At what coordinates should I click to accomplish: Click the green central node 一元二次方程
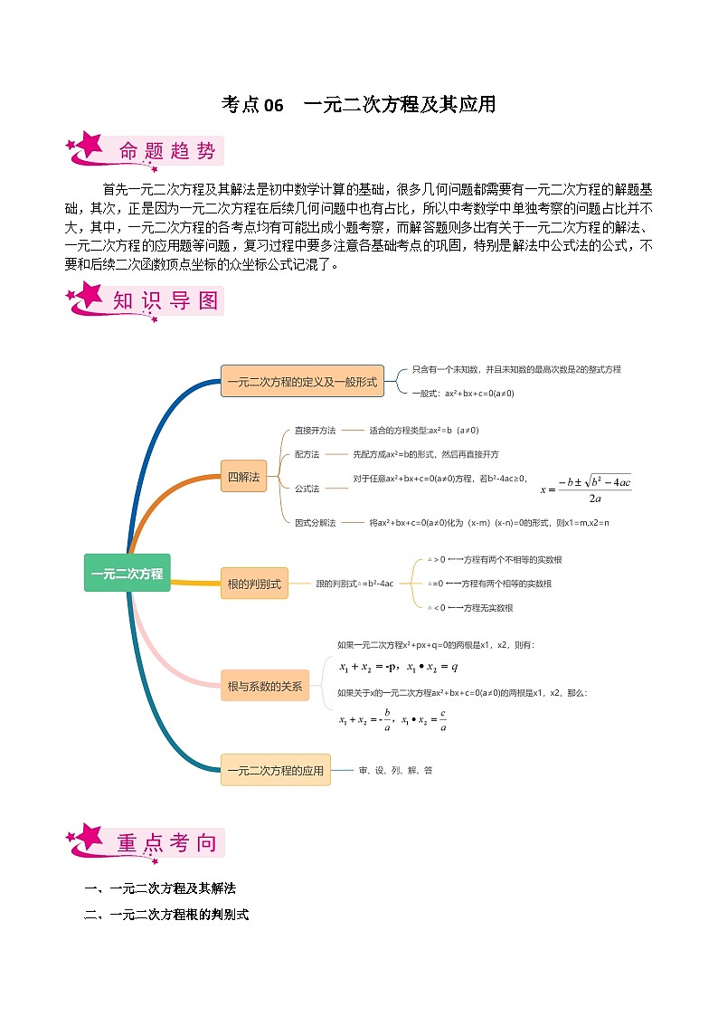click(x=127, y=573)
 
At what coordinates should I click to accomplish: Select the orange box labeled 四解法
click(x=244, y=476)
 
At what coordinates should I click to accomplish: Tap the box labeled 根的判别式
click(x=256, y=584)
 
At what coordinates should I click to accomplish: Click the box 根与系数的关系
click(x=265, y=686)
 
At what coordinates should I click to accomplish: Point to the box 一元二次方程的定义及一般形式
click(x=302, y=382)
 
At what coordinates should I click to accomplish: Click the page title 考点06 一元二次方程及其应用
click(x=359, y=105)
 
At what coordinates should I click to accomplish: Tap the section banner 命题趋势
click(x=167, y=152)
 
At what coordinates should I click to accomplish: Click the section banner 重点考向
click(x=167, y=843)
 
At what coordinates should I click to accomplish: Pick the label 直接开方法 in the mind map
click(x=315, y=431)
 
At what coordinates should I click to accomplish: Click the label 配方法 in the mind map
click(x=307, y=454)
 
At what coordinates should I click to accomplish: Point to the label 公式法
click(x=307, y=489)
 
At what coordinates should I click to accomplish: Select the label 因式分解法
click(x=315, y=523)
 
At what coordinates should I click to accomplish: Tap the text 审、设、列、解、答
click(x=395, y=771)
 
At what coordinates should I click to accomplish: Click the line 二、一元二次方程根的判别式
click(x=165, y=915)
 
